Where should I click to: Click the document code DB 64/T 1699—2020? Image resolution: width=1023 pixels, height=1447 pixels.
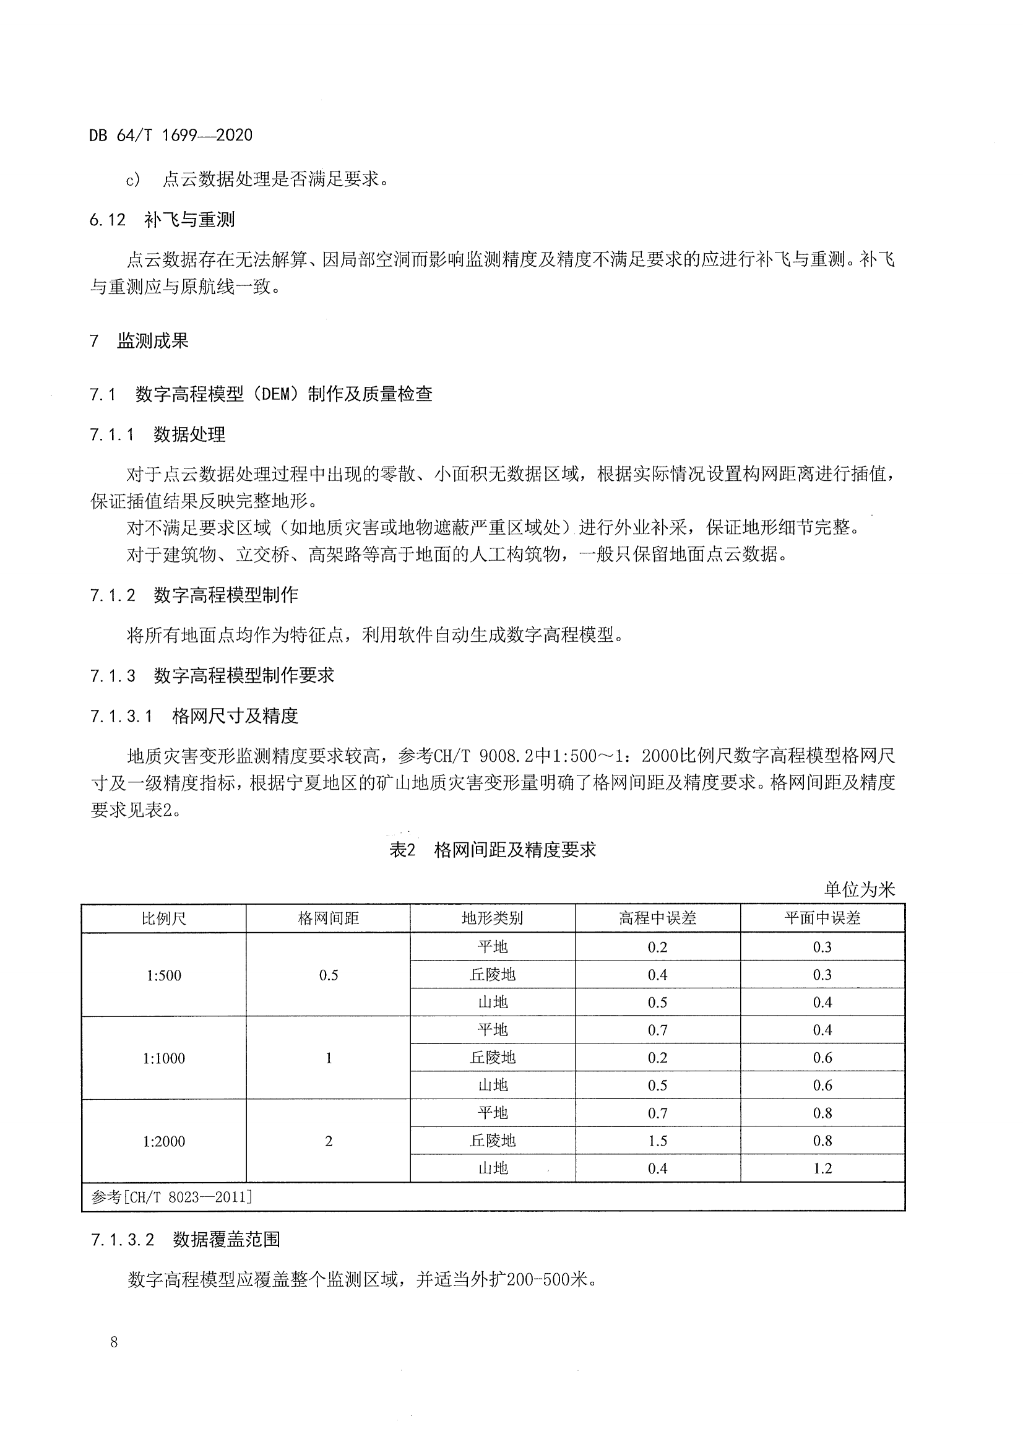pos(171,135)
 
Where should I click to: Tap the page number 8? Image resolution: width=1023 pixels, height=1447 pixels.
pos(114,1342)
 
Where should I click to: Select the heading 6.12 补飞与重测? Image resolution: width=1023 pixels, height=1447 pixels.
pos(162,219)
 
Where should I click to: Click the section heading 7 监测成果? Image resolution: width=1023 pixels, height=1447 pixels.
pos(139,341)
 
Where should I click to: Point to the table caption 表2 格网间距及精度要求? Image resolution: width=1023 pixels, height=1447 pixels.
pos(492,850)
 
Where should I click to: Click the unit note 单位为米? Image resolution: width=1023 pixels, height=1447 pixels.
pos(859,889)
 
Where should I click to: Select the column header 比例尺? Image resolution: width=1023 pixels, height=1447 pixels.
pos(164,918)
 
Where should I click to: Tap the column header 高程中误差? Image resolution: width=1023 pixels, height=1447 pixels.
pos(657,918)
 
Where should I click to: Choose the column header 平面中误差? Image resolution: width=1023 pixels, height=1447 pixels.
pos(822,918)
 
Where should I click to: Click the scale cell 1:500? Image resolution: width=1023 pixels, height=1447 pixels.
pos(164,975)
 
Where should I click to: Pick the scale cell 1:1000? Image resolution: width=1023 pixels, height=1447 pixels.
pos(164,1058)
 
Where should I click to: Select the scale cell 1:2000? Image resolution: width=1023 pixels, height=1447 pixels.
pos(164,1141)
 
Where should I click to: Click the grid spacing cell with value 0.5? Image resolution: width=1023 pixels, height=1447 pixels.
pos(329,975)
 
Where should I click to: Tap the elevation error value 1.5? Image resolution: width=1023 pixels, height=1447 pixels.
pos(657,1141)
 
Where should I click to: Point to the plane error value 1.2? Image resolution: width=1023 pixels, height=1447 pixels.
pos(822,1168)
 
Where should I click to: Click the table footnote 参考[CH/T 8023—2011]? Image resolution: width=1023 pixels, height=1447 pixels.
pos(171,1197)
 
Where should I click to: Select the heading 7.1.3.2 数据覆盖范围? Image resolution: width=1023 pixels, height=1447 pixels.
pos(185,1240)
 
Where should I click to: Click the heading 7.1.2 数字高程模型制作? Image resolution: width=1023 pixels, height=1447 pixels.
pos(194,595)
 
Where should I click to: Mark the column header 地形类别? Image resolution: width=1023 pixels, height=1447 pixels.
pos(492,918)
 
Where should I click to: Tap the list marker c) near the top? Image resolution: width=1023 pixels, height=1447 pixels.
pos(133,180)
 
